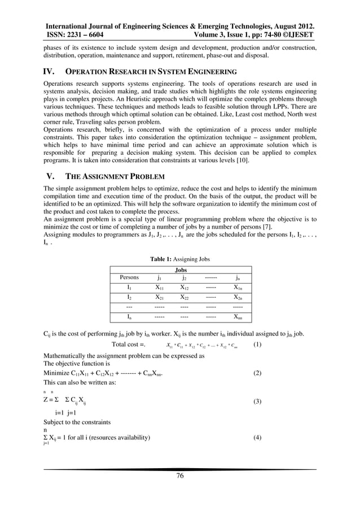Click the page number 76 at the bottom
point(180,476)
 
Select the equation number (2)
point(257,373)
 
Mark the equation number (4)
point(257,438)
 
